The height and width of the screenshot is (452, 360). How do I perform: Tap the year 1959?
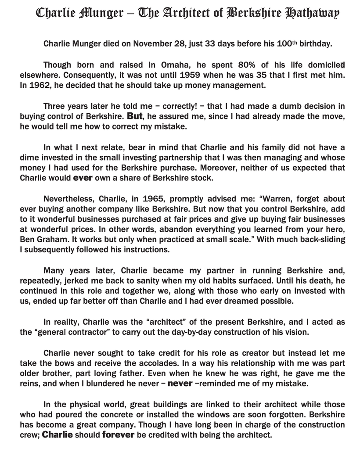(180, 75)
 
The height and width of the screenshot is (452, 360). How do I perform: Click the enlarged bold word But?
(135, 116)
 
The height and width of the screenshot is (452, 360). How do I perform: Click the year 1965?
(154, 199)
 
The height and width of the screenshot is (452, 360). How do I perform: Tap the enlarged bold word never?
(180, 384)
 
